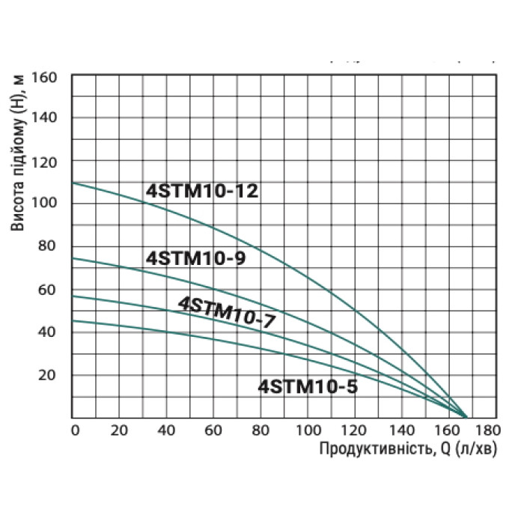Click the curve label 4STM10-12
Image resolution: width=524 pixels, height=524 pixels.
coord(201,191)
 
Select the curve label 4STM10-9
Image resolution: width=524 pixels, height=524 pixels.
coord(196,258)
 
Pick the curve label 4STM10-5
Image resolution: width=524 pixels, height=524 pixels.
coord(308,387)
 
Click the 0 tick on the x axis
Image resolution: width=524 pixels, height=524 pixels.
coord(74,430)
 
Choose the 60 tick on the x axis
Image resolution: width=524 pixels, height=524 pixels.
coord(213,430)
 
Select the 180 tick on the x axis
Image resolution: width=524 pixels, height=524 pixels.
coord(487,430)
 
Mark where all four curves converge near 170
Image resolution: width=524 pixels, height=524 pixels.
coord(466,416)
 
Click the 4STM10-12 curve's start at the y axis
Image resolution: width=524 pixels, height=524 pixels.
coord(73,183)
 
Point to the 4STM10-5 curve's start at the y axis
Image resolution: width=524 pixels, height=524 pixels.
coord(73,320)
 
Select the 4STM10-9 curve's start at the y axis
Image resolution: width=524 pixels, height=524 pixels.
coord(73,258)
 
